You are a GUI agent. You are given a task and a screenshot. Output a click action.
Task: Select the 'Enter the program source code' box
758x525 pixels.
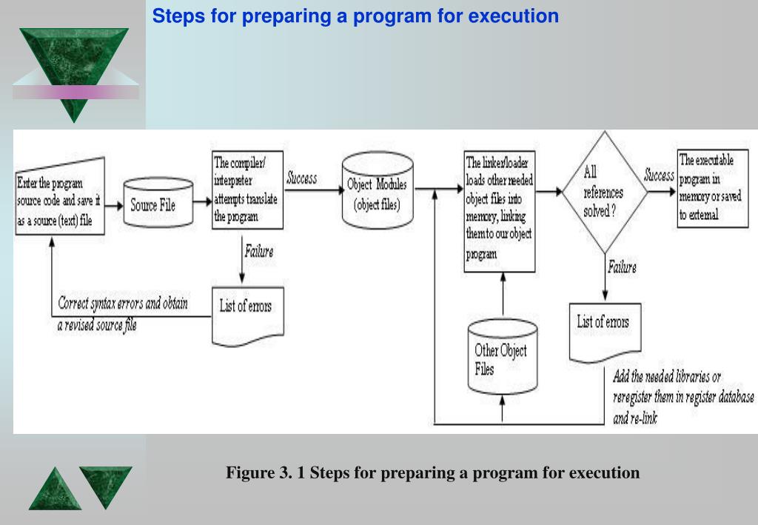pyautogui.click(x=58, y=201)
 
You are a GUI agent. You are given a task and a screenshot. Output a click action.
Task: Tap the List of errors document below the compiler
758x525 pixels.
pyautogui.click(x=247, y=312)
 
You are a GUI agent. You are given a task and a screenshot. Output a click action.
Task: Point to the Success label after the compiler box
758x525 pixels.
pyautogui.click(x=301, y=178)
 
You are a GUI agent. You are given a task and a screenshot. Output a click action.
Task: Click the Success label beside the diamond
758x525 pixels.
pyautogui.click(x=658, y=175)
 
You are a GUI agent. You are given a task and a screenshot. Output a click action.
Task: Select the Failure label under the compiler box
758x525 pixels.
pyautogui.click(x=258, y=252)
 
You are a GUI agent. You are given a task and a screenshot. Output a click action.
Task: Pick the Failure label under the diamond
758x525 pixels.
pyautogui.click(x=621, y=268)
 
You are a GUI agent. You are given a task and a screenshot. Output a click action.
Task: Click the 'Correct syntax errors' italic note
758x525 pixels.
pyautogui.click(x=123, y=314)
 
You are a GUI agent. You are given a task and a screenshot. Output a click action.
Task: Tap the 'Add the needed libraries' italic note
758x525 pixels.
pyautogui.click(x=682, y=397)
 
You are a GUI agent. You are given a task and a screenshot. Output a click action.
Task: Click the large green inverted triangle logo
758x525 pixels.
pyautogui.click(x=74, y=70)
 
